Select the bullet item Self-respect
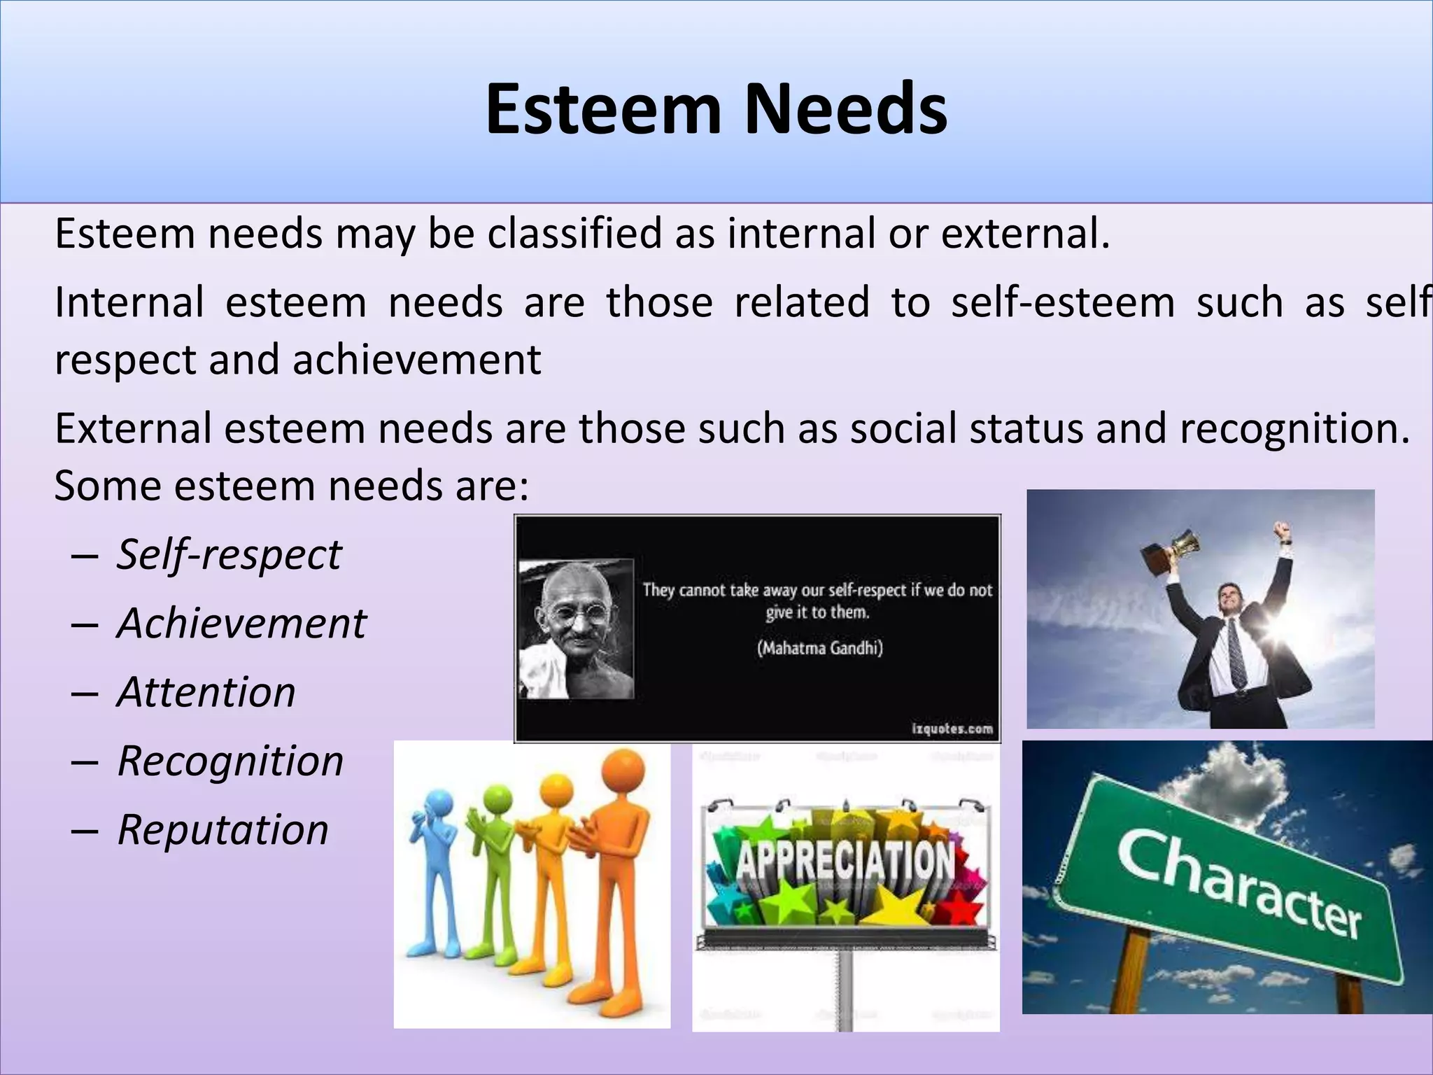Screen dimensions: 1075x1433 coord(229,555)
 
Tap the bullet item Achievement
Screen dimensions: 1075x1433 coord(241,624)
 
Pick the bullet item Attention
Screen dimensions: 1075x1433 coord(206,692)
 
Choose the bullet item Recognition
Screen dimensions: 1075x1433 coord(230,761)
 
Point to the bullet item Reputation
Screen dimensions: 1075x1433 coord(223,830)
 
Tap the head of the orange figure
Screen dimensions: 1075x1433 coord(622,770)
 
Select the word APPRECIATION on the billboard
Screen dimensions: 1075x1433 coord(845,862)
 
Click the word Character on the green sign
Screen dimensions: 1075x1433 coord(1238,885)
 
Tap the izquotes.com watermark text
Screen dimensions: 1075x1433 coord(952,729)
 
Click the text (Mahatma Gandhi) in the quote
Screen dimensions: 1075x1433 coord(819,648)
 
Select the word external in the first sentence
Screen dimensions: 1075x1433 coord(1024,234)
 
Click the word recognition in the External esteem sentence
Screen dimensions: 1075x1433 coord(1294,428)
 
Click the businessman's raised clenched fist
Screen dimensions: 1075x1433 coord(1281,530)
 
